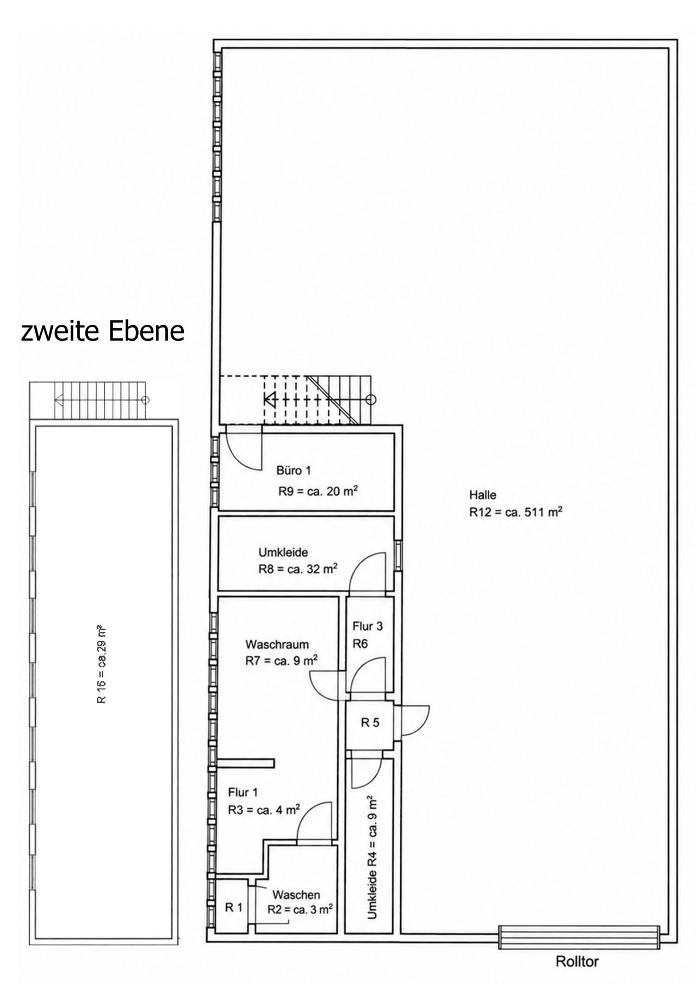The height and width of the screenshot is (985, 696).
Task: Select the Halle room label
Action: pyautogui.click(x=483, y=495)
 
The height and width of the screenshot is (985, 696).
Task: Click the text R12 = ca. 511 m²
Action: pyautogui.click(x=515, y=513)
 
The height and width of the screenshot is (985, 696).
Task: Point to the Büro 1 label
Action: pyautogui.click(x=294, y=471)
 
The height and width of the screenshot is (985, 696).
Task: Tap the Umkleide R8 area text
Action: pyautogui.click(x=298, y=570)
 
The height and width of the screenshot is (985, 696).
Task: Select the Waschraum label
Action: pyautogui.click(x=277, y=645)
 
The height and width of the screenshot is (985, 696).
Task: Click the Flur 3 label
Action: pyautogui.click(x=368, y=626)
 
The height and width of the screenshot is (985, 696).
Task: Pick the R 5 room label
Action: pyautogui.click(x=370, y=723)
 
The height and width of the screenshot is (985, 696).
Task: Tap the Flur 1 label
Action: pyautogui.click(x=243, y=793)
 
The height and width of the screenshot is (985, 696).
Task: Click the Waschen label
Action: pyautogui.click(x=296, y=895)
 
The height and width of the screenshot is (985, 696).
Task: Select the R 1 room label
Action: pyautogui.click(x=234, y=907)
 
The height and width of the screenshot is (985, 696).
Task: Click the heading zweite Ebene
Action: pyautogui.click(x=103, y=331)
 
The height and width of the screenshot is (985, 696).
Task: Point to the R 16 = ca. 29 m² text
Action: pyautogui.click(x=101, y=665)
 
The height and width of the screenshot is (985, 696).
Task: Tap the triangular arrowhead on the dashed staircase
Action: pyautogui.click(x=270, y=400)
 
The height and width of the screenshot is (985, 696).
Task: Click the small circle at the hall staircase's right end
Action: pyautogui.click(x=371, y=400)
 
